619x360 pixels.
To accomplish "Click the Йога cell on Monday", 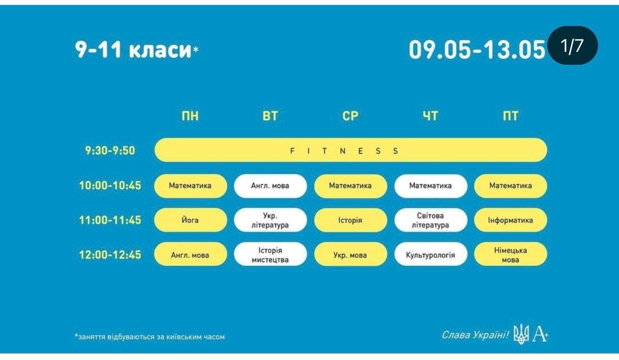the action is tap(190, 220).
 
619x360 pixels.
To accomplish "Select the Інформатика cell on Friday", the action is tap(510, 220).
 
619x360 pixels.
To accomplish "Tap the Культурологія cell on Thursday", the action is tap(431, 254).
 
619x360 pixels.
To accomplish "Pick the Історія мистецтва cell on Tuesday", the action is tap(270, 254).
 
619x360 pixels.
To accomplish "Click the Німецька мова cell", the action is tap(510, 254).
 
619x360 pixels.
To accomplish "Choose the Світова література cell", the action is tap(431, 220).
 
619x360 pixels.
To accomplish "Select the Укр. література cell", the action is tap(270, 220).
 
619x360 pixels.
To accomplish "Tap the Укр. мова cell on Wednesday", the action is tap(350, 254).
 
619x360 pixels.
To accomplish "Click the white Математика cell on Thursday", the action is tap(431, 186).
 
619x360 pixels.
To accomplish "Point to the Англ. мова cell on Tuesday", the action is tap(270, 186).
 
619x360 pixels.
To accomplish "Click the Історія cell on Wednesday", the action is tap(350, 220).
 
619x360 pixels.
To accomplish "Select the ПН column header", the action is tap(190, 116).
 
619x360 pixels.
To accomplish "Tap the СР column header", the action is tap(350, 116).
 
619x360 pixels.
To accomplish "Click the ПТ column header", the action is tap(510, 116).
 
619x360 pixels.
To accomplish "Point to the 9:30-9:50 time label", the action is tap(110, 151).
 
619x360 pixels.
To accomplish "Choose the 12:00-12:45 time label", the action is tap(110, 255).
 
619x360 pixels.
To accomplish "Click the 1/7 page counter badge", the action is tap(572, 45).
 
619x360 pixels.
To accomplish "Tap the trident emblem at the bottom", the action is tap(521, 334).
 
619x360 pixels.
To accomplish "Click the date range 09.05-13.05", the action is tap(477, 50).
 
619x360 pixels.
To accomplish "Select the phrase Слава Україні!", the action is tap(475, 335).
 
